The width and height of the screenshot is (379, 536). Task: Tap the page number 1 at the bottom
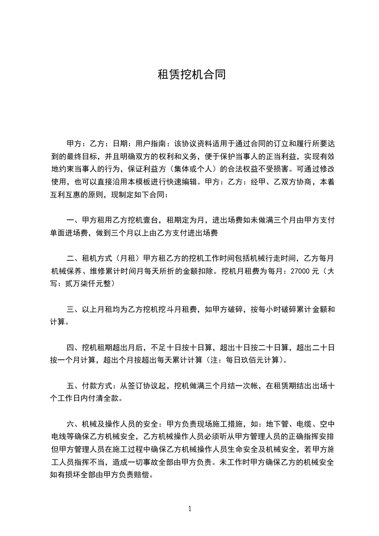(190, 509)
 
